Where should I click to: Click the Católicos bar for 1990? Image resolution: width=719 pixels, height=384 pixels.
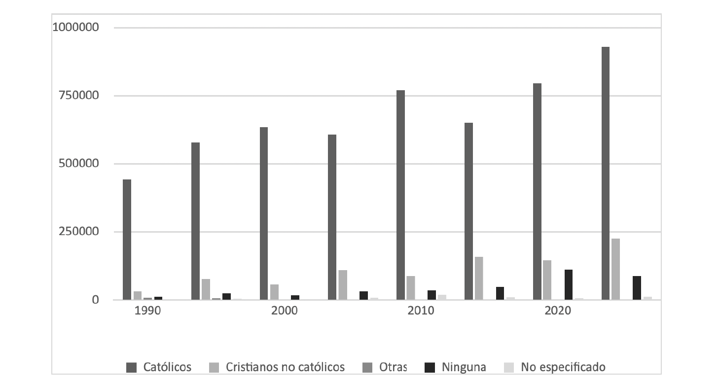(x=127, y=240)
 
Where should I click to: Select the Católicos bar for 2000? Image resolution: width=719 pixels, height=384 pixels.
(x=264, y=213)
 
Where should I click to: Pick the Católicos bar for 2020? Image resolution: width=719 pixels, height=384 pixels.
(x=537, y=192)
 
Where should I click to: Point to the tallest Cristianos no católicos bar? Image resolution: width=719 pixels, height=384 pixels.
(x=615, y=269)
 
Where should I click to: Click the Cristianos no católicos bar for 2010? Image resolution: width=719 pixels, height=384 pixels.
(x=410, y=288)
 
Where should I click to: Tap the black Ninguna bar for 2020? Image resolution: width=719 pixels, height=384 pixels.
(x=569, y=285)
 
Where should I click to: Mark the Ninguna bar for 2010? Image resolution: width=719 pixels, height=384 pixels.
(x=431, y=295)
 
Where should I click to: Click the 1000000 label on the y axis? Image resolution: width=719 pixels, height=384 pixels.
(x=76, y=28)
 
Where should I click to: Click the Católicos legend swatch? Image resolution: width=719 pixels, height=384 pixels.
(x=132, y=367)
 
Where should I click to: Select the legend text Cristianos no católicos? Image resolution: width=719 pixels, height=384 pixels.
(x=285, y=367)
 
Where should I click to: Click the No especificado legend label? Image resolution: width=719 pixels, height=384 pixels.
(x=563, y=367)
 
